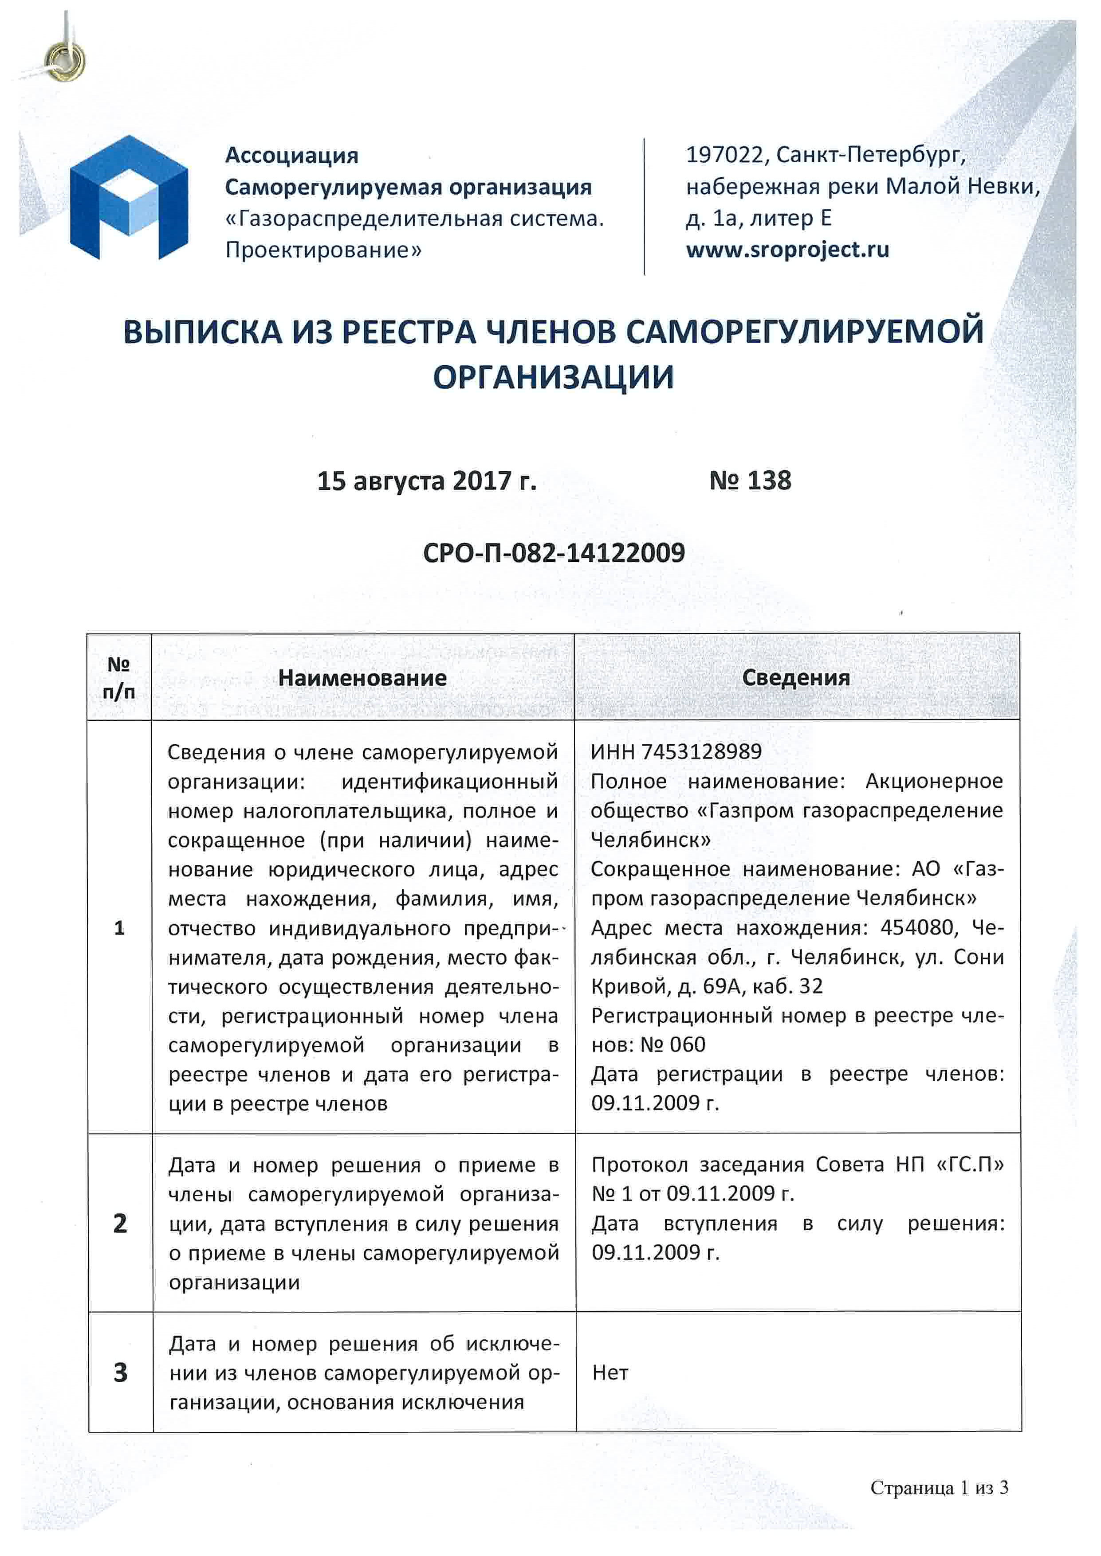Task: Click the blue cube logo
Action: [x=129, y=198]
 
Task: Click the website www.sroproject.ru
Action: [x=787, y=250]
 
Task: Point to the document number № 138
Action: [x=750, y=481]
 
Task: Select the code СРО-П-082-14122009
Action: [x=553, y=553]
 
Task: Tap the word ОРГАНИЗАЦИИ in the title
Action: [x=553, y=377]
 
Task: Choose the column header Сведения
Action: [x=796, y=678]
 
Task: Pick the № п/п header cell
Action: [x=118, y=678]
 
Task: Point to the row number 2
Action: [x=120, y=1223]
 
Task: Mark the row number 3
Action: [x=120, y=1372]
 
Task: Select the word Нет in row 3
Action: [x=610, y=1373]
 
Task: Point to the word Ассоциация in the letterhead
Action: [x=291, y=155]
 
